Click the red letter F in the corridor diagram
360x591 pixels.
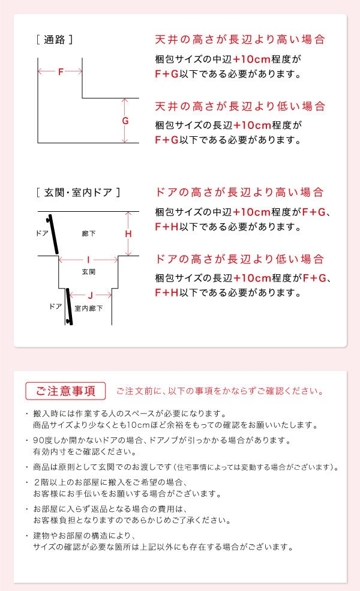61,71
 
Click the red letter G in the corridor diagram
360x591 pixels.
125,121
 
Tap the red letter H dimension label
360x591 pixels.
128,233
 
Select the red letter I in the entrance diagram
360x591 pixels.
88,260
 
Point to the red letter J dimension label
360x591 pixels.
90,295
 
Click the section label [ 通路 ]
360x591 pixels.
55,40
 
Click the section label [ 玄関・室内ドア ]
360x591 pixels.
78,193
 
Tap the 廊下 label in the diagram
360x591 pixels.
89,233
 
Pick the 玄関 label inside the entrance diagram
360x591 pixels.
89,272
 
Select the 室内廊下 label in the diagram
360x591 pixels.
89,308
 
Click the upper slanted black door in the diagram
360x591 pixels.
53,235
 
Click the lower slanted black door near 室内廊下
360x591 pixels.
69,307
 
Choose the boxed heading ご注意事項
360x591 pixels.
65,391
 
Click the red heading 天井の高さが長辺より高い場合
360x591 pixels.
240,40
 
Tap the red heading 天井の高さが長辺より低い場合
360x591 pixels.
240,106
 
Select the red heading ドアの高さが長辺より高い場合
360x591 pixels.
239,192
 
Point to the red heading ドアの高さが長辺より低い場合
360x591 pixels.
239,259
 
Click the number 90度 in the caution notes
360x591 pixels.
43,440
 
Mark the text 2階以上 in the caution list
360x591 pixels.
48,482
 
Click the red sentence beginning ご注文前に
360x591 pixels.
220,391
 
